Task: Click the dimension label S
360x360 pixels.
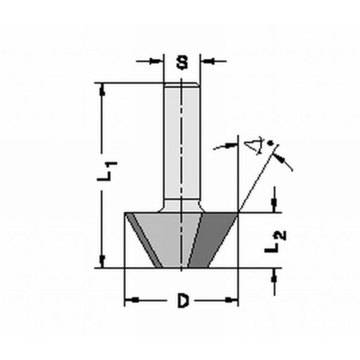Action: pyautogui.click(x=182, y=62)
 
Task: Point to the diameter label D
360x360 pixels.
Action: pyautogui.click(x=182, y=301)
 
